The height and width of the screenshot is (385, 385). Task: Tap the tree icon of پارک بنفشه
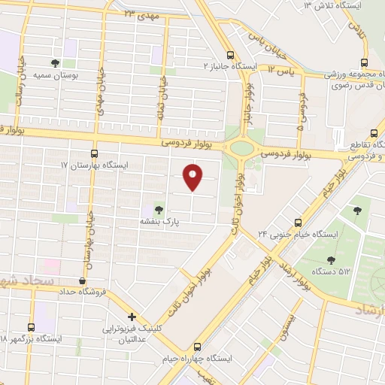pos(158,209)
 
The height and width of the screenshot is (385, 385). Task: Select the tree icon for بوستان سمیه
pos(55,64)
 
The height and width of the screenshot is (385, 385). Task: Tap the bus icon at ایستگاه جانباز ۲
pos(231,55)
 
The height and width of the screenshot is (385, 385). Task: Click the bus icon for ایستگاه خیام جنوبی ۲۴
pos(298,222)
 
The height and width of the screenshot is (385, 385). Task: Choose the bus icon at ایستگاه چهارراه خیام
pos(197,347)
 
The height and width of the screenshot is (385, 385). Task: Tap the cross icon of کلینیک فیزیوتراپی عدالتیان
pos(132,317)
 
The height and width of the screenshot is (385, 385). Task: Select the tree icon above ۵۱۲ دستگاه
pos(329,259)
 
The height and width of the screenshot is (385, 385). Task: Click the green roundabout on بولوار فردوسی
pos(241,147)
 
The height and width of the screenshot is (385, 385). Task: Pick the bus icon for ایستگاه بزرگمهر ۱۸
pos(31,327)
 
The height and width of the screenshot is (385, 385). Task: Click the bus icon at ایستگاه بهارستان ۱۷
pos(94,153)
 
